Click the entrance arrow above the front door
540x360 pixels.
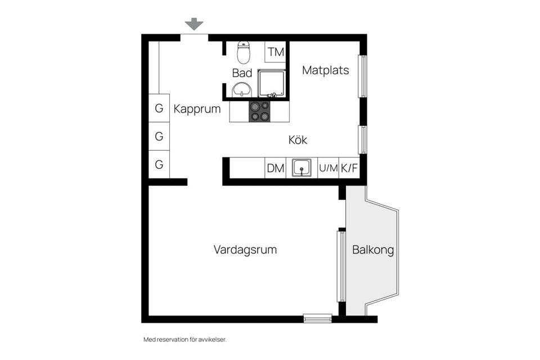click(194, 24)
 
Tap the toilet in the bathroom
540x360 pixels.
click(244, 52)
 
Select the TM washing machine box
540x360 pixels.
click(276, 52)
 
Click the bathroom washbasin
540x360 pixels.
click(242, 89)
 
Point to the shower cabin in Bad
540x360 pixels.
click(272, 83)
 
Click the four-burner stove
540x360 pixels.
click(259, 111)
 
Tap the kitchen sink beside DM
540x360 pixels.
click(302, 168)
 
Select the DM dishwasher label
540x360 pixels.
click(275, 168)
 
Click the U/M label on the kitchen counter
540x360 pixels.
click(328, 168)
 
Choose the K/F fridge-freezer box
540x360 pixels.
click(349, 168)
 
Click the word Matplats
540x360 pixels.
click(326, 70)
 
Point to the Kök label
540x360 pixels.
click(298, 140)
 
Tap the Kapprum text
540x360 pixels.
click(197, 109)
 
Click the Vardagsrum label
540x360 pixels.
click(245, 250)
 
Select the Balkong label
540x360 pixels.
click(372, 250)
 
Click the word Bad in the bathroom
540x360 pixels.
click(242, 73)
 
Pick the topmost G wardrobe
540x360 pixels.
click(159, 109)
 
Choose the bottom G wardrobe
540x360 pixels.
click(159, 165)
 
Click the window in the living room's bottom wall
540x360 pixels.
click(318, 318)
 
